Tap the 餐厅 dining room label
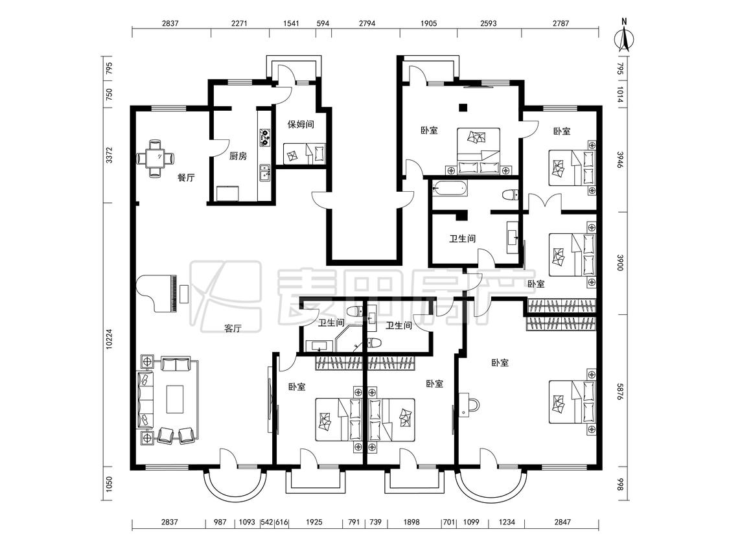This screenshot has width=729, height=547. point(186,177)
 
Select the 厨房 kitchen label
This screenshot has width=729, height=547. point(238,156)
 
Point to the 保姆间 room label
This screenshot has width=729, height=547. point(300,124)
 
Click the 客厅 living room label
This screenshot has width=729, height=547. point(233,329)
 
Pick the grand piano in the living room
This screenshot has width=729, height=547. point(157,293)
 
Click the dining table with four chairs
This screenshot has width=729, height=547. point(156,158)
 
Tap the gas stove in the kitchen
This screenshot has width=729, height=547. point(264,137)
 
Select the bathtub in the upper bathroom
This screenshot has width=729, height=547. point(449,189)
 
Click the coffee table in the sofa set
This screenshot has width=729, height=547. point(175,399)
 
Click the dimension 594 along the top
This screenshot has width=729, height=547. point(323,23)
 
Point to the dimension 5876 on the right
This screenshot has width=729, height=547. point(620,391)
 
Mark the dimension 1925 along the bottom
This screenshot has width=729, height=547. point(314,522)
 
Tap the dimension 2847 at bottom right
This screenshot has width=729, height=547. point(562,522)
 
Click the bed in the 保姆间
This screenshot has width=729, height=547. point(304,153)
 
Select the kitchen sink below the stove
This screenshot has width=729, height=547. point(265,172)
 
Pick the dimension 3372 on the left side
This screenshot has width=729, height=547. point(109,156)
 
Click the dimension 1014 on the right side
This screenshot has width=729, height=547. point(620,95)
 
